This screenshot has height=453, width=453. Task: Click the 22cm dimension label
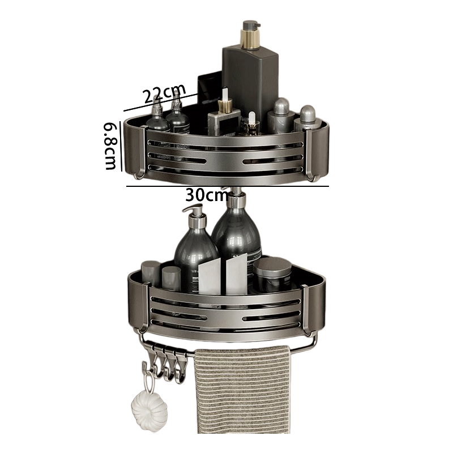(x=165, y=93)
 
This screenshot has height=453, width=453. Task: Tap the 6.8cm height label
(x=110, y=146)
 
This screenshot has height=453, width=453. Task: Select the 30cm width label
(x=207, y=196)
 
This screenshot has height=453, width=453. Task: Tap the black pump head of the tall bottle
(x=248, y=26)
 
